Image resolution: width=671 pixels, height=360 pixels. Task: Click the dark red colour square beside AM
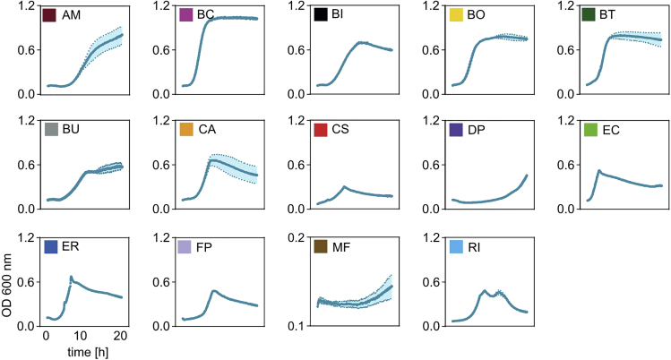tap(49, 15)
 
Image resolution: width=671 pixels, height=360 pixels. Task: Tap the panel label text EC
tap(612, 131)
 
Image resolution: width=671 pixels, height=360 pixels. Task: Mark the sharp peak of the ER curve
tap(71, 277)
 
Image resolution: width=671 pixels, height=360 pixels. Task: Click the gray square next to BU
tap(49, 131)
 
